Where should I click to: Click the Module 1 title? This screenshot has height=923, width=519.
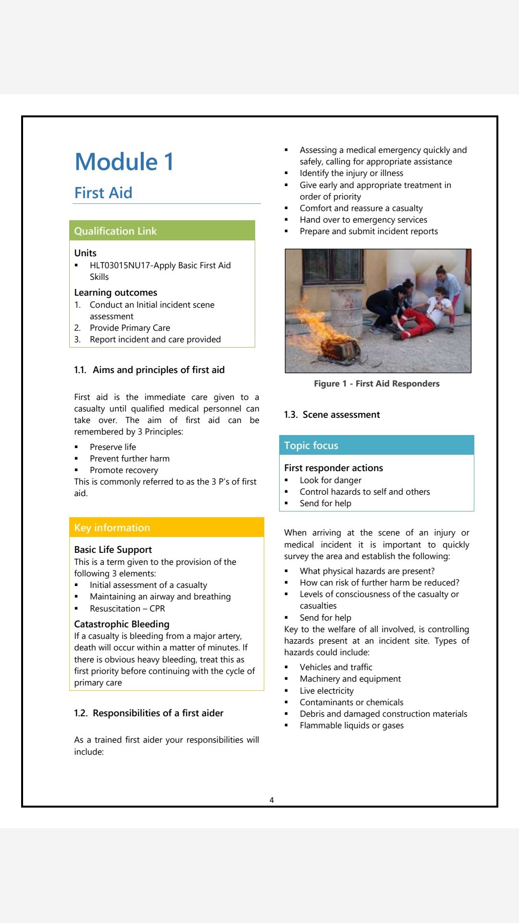point(124,162)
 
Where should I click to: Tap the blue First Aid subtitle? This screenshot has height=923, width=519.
point(103,193)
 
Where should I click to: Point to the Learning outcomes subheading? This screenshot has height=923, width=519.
point(115,292)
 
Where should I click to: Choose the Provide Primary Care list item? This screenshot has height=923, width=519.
point(130,328)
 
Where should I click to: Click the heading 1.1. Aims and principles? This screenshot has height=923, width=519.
point(149,370)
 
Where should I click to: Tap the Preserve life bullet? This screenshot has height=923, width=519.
point(112,447)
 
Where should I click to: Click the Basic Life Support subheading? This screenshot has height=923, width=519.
point(113,549)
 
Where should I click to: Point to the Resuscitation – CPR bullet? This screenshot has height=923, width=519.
point(127,608)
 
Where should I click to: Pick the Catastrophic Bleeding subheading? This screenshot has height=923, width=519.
point(122,624)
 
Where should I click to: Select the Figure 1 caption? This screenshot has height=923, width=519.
point(376,384)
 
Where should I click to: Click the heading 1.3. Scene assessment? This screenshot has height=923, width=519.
point(332,414)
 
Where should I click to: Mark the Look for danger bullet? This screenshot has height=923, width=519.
point(330,480)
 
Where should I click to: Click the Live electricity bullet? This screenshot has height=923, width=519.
point(326,691)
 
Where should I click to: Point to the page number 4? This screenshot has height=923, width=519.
point(272,800)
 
